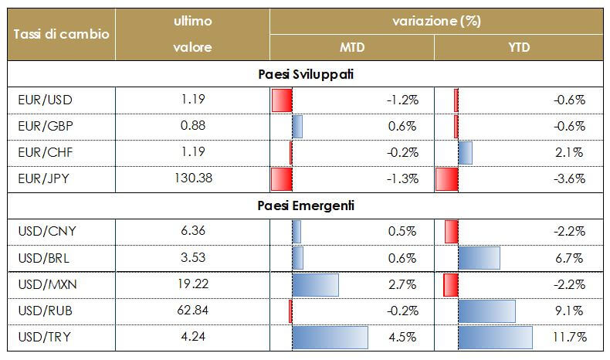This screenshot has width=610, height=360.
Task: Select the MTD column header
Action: point(352,48)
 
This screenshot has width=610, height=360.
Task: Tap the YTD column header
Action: point(519,48)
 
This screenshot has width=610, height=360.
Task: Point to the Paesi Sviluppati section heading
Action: point(304,74)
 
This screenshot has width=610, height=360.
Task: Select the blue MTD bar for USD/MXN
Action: point(315,284)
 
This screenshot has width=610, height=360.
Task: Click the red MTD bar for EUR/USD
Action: point(282,100)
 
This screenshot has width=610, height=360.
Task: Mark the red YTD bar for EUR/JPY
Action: point(446,178)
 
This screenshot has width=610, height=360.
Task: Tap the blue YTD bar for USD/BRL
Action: point(479,257)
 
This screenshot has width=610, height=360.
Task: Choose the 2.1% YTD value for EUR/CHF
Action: point(570,152)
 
